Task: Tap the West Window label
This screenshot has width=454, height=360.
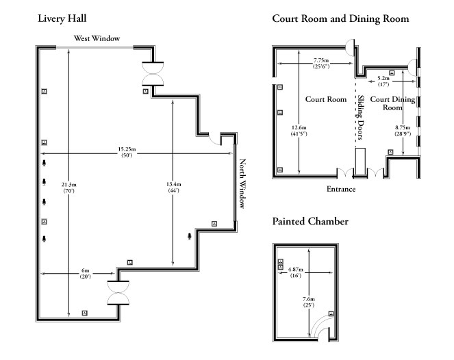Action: tap(94, 38)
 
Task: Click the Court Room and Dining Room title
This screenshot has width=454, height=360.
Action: tap(340, 19)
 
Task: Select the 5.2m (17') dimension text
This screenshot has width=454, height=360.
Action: tap(383, 81)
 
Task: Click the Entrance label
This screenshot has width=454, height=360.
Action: tap(340, 188)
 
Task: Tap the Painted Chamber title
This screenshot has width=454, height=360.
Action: tap(310, 222)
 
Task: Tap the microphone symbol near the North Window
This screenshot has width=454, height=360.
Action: tap(190, 236)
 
